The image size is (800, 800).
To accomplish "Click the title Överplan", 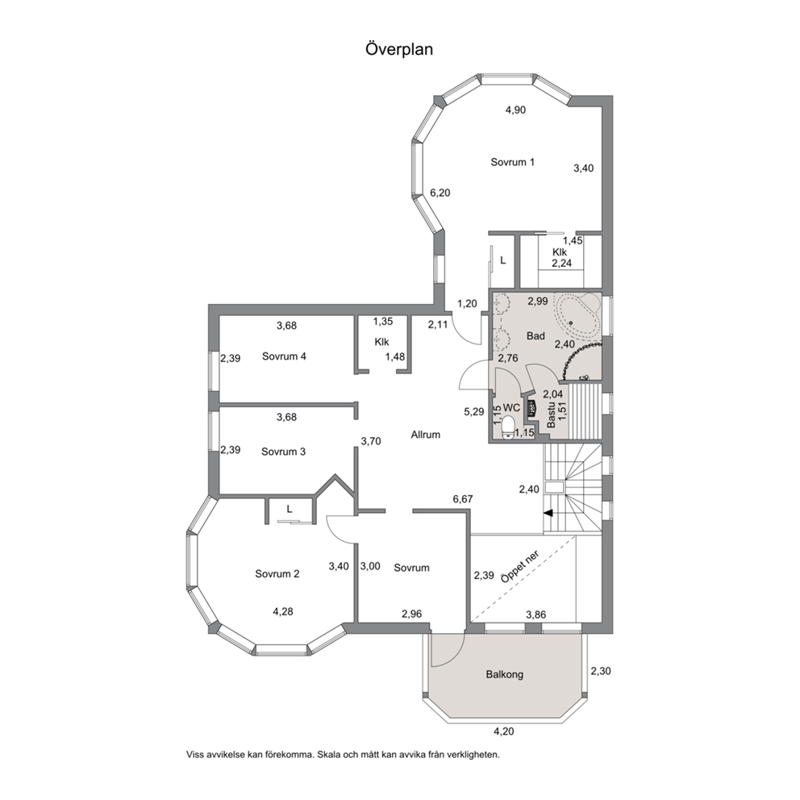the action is (x=399, y=49).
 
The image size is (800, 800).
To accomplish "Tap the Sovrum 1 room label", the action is (x=512, y=162).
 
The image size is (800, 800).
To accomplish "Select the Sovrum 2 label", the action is (x=277, y=574).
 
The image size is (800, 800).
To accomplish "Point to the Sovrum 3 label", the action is (x=283, y=452).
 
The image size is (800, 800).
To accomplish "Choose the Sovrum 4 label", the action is (x=284, y=356).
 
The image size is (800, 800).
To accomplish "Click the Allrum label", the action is (x=426, y=435).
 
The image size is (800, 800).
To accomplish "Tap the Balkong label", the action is (x=505, y=674).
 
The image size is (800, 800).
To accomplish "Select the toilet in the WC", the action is (x=508, y=427).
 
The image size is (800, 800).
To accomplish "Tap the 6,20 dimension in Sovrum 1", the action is (x=440, y=193).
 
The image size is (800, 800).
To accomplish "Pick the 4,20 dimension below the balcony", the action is (x=503, y=731).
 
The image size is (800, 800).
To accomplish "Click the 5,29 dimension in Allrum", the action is (x=474, y=412).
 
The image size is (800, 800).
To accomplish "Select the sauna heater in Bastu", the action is (x=531, y=407).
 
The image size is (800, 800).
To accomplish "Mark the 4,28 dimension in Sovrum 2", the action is (x=282, y=611).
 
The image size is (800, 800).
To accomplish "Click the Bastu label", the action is (x=551, y=417).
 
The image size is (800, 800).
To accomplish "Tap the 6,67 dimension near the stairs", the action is (x=463, y=499).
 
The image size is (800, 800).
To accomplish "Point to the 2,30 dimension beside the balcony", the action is (x=601, y=672).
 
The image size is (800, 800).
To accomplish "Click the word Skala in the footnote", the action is (x=327, y=754).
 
